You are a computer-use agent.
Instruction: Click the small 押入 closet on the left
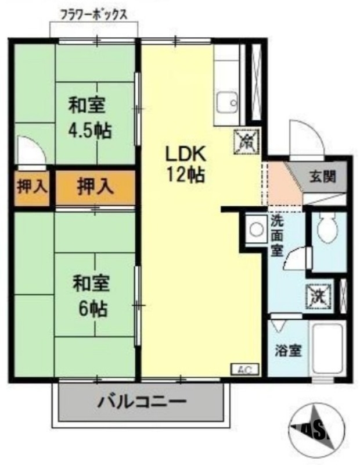pos(32,187)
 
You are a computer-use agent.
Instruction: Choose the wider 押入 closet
pos(95,187)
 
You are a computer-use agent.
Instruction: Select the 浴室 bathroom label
pos(287,351)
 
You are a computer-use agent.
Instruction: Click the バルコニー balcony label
pos(142,402)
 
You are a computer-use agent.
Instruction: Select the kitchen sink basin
pos(226,103)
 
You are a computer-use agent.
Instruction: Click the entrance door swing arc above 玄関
pos(305,138)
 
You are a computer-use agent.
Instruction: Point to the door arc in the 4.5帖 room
pos(30,150)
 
